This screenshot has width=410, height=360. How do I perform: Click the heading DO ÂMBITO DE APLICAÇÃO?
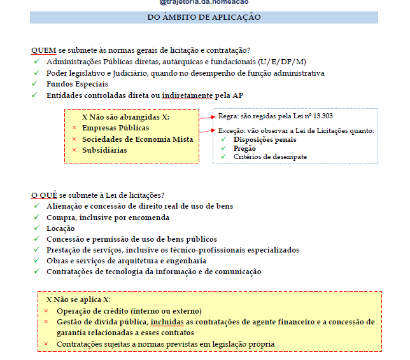coord(204,17)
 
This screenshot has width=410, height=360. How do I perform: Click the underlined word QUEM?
coord(43,50)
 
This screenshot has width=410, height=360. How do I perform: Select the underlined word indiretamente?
coord(187,95)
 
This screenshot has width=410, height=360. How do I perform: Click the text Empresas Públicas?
coord(115,128)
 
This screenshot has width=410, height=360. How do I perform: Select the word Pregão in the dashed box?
coord(244,148)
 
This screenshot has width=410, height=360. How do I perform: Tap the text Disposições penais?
coord(264,139)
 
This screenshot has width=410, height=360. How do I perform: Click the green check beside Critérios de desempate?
coord(223,157)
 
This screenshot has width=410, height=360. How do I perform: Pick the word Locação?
coord(60,228)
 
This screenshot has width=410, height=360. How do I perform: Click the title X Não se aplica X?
coord(78,299)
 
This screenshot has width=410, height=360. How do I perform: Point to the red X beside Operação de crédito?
coord(46,311)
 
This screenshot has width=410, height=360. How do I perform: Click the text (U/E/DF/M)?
coord(282,62)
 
